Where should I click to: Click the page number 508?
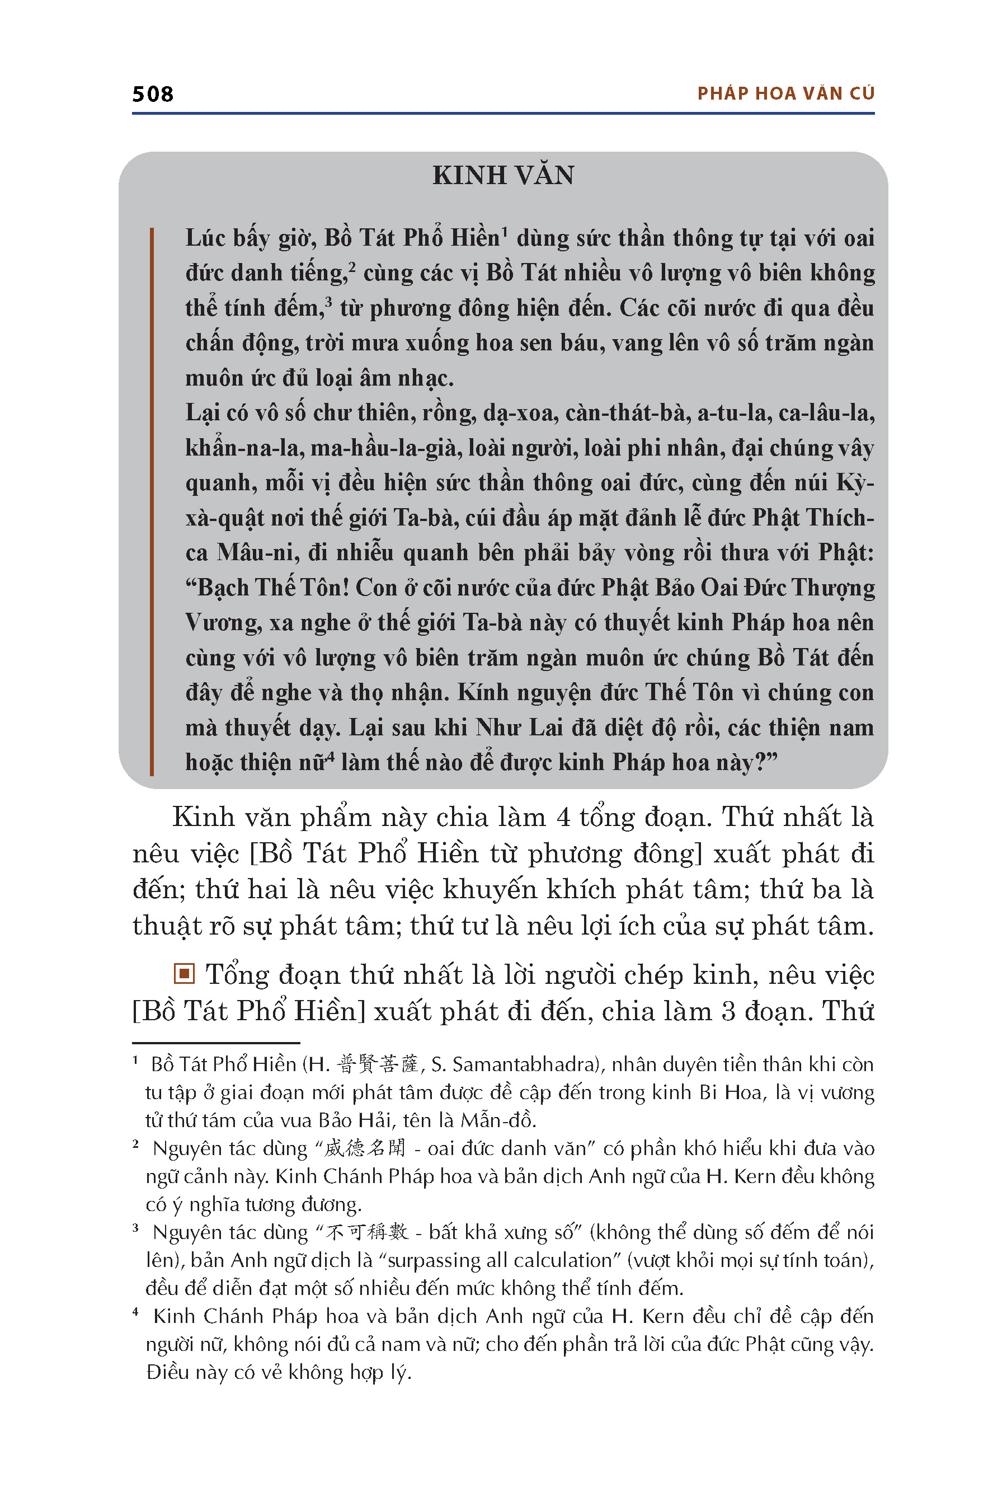pyautogui.click(x=152, y=95)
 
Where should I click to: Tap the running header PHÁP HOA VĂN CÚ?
pyautogui.click(x=785, y=94)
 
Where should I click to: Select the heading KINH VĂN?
pyautogui.click(x=503, y=175)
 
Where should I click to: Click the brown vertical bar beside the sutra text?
pyautogui.click(x=152, y=501)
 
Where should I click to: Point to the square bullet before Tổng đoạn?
pyautogui.click(x=184, y=974)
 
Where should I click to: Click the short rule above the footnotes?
pyautogui.click(x=216, y=1043)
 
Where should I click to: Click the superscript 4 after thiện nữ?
pyautogui.click(x=330, y=756)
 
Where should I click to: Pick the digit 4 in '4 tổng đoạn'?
pyautogui.click(x=563, y=818)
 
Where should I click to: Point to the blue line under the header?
pyautogui.click(x=503, y=114)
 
